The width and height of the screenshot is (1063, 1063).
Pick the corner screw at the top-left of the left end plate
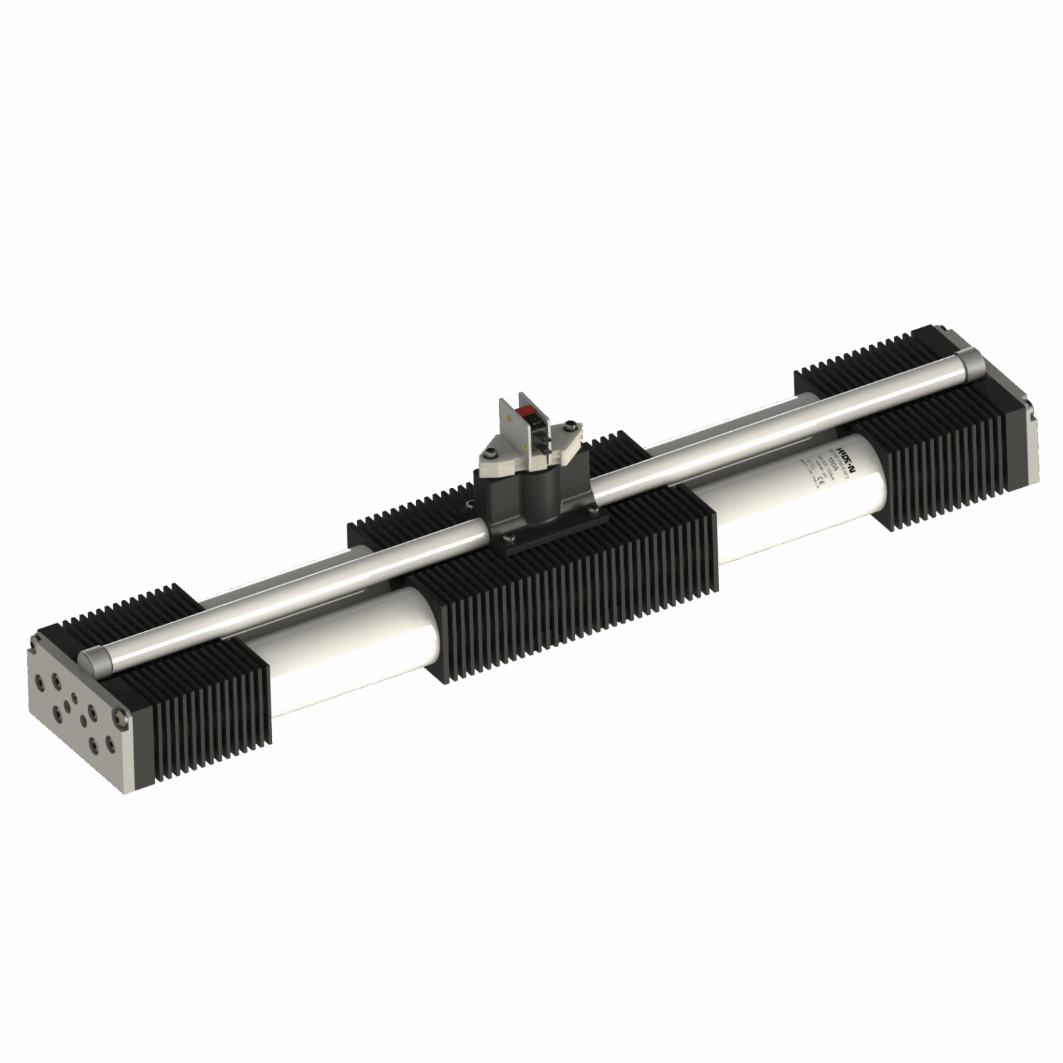[33, 647]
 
